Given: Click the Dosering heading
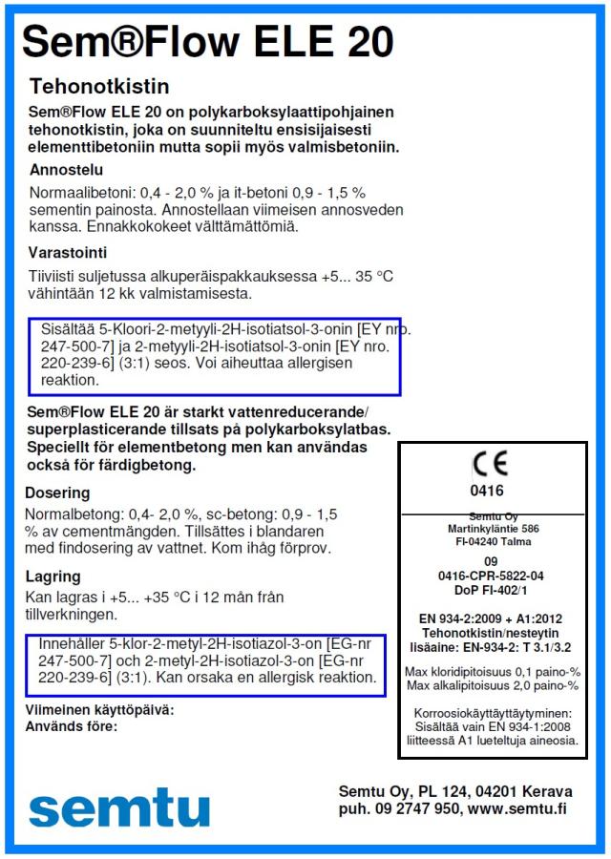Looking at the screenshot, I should pos(58,493).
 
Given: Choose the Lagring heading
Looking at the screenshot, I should pos(53,576).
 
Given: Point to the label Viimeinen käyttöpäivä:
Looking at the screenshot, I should pos(99,710).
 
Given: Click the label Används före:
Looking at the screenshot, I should pos(72,725).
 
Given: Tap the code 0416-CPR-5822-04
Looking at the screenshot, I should pos(491,576).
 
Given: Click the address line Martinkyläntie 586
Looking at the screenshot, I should pos(492,527).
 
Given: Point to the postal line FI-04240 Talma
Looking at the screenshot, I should pos(492,541).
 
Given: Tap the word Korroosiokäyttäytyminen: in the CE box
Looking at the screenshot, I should pos(493,712).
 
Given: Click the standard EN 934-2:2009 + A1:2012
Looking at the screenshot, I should pos(493,618).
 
